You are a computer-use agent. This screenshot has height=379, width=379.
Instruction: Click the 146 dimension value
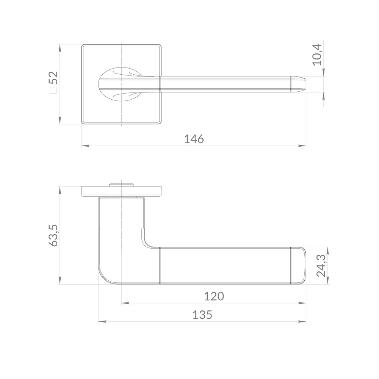coord(194,139)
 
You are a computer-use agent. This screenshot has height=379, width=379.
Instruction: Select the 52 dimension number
coord(53,77)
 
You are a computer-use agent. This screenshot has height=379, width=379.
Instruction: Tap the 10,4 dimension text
coord(317,55)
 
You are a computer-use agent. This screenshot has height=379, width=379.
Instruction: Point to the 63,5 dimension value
coord(53,235)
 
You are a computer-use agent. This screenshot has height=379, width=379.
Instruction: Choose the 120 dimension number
coord(214,296)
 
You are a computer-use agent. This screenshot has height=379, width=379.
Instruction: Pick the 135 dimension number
coord(202,315)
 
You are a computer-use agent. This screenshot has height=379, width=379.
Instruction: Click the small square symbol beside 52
coord(53,90)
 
